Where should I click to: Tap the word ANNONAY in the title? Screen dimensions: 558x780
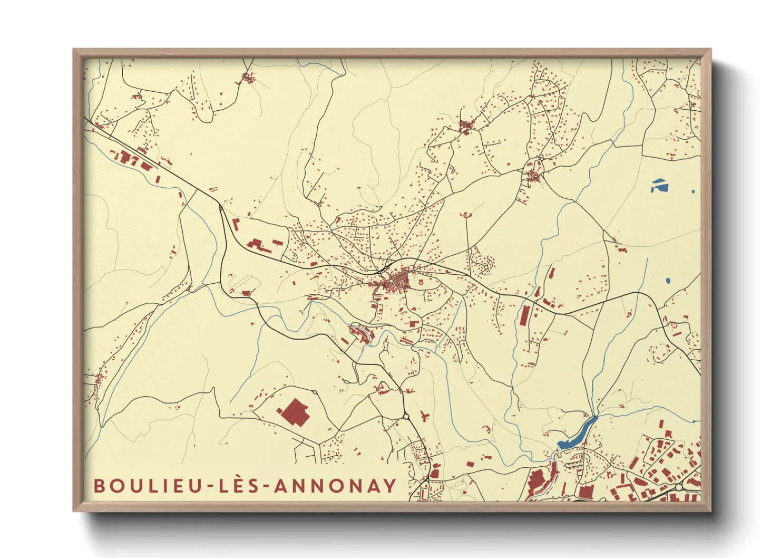(x=335, y=486)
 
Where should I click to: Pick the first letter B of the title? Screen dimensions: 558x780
(x=99, y=486)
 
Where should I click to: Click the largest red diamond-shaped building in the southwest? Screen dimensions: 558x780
(x=294, y=412)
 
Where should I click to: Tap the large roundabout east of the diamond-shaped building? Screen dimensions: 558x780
(x=406, y=417)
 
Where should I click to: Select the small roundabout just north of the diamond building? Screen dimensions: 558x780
(x=315, y=391)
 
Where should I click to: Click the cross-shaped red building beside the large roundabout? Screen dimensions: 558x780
(x=424, y=416)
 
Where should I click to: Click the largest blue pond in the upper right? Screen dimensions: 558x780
(x=659, y=185)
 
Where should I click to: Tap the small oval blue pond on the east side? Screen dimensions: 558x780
(x=668, y=281)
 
